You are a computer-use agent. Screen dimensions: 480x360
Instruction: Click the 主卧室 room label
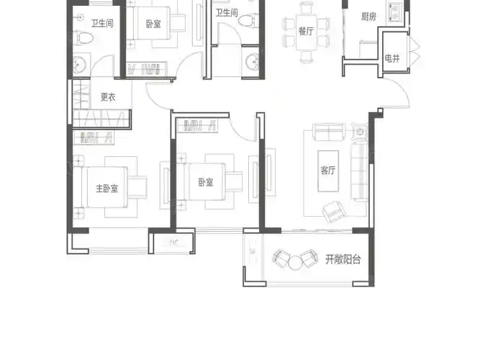point(107,189)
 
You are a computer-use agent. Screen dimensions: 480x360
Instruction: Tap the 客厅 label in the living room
point(328,171)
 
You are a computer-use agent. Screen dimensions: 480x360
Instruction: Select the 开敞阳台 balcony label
point(343,259)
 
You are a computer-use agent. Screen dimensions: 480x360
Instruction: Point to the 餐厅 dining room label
point(306,31)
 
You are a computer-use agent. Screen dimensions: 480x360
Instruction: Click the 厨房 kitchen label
point(368,17)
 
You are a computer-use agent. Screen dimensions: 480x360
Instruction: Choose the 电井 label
point(392,58)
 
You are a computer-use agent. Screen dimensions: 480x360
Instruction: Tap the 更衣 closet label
point(108,97)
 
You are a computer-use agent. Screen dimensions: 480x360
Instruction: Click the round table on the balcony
point(295,263)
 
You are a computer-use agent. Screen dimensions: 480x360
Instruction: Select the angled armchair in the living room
point(334,211)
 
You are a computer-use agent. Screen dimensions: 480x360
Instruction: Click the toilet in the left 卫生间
point(83,38)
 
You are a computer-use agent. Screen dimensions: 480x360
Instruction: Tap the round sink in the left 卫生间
point(79,64)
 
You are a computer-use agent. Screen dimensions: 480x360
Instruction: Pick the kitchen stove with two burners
point(394,12)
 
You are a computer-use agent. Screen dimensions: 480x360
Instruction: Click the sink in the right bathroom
point(253,61)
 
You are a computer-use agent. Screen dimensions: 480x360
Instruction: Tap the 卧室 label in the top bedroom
point(153,24)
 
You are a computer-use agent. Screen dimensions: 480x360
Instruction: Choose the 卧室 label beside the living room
point(206,182)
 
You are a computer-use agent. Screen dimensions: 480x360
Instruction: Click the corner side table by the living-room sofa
point(361,132)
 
